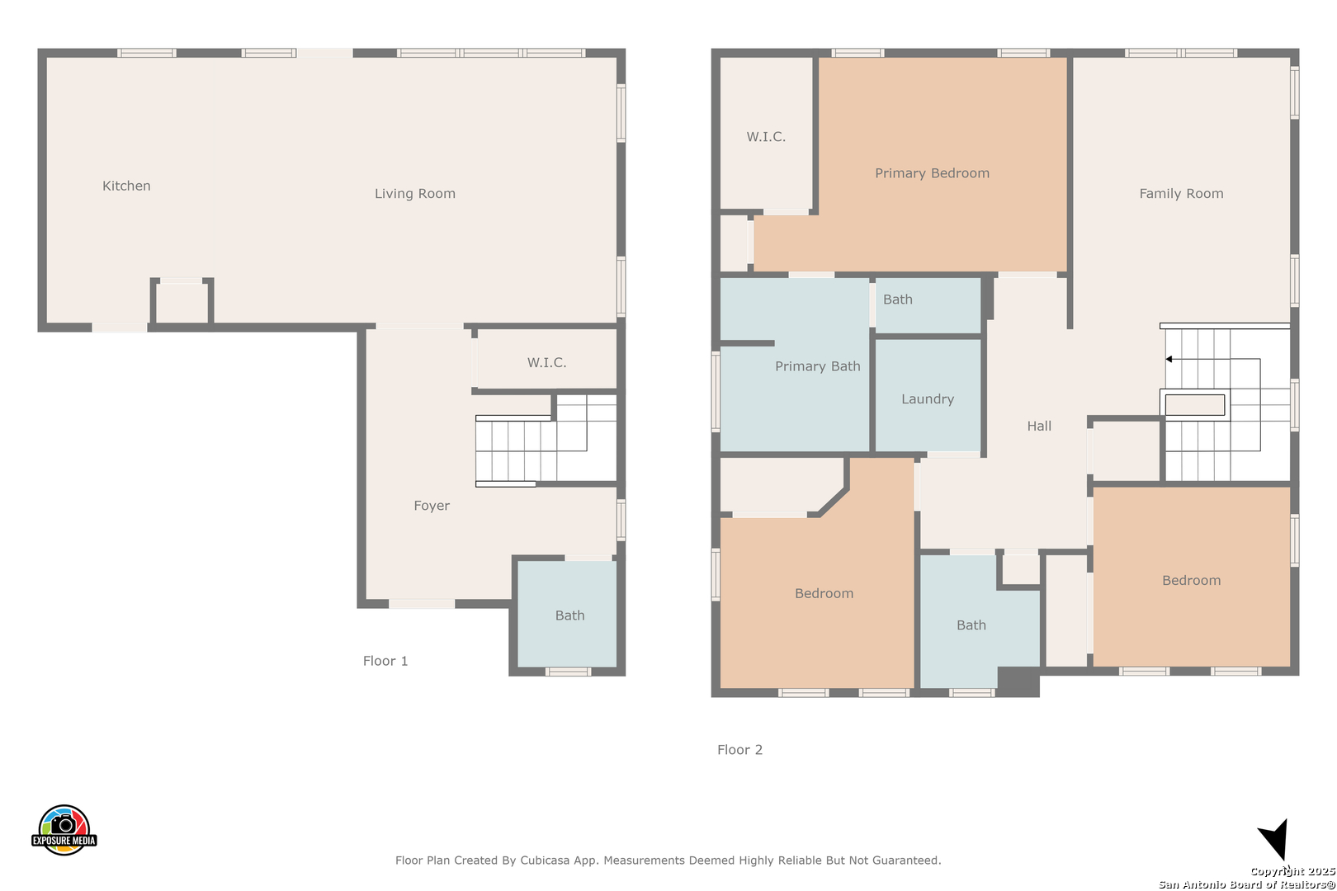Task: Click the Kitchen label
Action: click(x=126, y=186)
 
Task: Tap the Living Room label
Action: click(x=415, y=193)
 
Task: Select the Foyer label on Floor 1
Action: click(x=432, y=506)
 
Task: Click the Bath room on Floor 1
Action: click(x=567, y=614)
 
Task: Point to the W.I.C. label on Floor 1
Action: click(x=546, y=362)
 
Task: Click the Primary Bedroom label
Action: click(x=932, y=173)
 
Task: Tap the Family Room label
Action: click(x=1181, y=193)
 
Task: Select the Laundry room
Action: click(x=928, y=395)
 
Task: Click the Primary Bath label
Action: click(x=818, y=365)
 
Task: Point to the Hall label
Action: click(x=1039, y=426)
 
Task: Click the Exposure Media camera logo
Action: click(x=64, y=829)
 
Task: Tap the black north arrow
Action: click(x=1275, y=838)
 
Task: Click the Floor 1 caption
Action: click(x=385, y=661)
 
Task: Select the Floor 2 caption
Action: click(x=739, y=750)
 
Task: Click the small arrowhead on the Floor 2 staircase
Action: click(x=1169, y=359)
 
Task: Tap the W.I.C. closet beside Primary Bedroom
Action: click(x=766, y=133)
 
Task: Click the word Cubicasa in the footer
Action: click(x=545, y=860)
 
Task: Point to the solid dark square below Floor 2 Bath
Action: click(x=1018, y=681)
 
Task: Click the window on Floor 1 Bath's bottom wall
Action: click(x=568, y=672)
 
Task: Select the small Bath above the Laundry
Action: click(x=928, y=305)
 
